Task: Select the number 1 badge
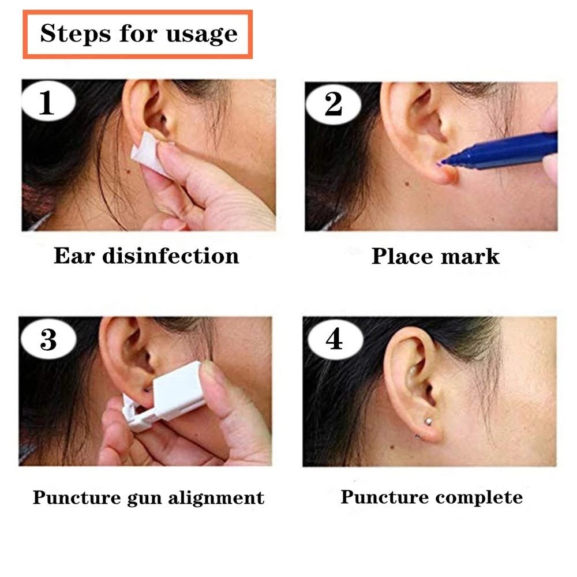(48, 101)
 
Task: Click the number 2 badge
(333, 104)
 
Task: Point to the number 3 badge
(48, 339)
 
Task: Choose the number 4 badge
(335, 339)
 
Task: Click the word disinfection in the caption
(171, 256)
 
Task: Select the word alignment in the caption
(216, 499)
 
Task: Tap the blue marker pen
(500, 152)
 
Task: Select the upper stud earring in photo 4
(428, 421)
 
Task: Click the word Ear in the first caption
(74, 256)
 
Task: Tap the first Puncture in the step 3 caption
(77, 498)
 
